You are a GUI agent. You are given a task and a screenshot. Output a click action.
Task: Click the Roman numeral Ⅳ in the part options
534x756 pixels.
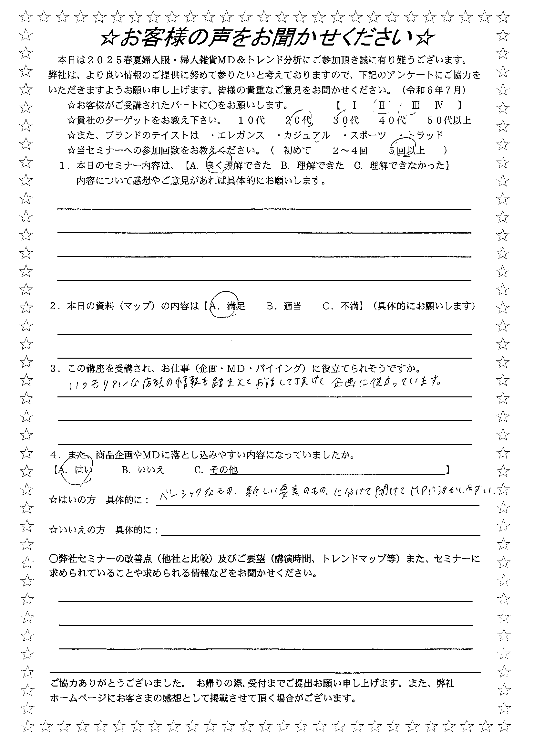click(439, 105)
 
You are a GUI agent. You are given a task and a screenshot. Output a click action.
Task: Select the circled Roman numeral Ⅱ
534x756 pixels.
click(382, 105)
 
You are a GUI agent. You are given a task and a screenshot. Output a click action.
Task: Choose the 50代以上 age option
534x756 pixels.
click(449, 120)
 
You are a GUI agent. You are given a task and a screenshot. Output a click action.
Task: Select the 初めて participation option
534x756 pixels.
click(297, 151)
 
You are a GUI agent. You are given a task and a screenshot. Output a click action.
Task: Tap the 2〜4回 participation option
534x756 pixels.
click(350, 151)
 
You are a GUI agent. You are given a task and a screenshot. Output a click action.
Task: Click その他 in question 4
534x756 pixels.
click(224, 470)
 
